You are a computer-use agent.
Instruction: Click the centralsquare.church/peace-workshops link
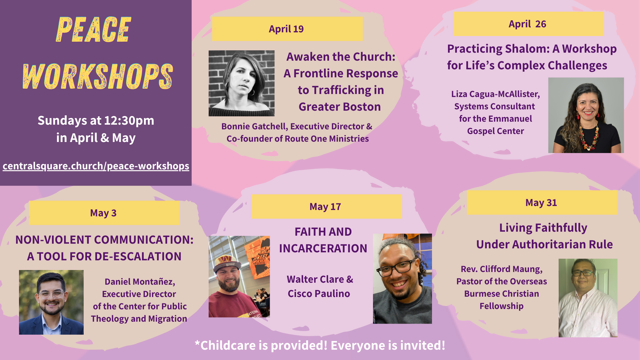pyautogui.click(x=96, y=166)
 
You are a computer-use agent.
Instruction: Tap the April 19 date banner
pyautogui.click(x=287, y=29)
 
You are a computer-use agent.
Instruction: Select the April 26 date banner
pyautogui.click(x=528, y=24)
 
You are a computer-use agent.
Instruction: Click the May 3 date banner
pyautogui.click(x=104, y=213)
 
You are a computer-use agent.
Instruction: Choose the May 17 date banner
pyautogui.click(x=326, y=207)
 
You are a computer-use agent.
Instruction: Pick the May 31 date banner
pyautogui.click(x=542, y=203)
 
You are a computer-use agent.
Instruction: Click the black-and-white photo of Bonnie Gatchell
pyautogui.click(x=242, y=83)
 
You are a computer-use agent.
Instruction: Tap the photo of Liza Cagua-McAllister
pyautogui.click(x=586, y=115)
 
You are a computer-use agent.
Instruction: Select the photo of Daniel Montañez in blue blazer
pyautogui.click(x=51, y=302)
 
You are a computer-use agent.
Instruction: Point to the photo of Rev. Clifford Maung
pyautogui.click(x=588, y=298)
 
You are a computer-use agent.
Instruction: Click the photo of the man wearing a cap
pyautogui.click(x=239, y=277)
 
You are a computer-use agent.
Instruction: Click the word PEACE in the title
pyautogui.click(x=94, y=30)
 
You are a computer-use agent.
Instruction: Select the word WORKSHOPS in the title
pyautogui.click(x=98, y=76)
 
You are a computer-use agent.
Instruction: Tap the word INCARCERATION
pyautogui.click(x=323, y=248)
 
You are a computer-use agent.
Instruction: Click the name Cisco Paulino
pyautogui.click(x=319, y=294)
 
